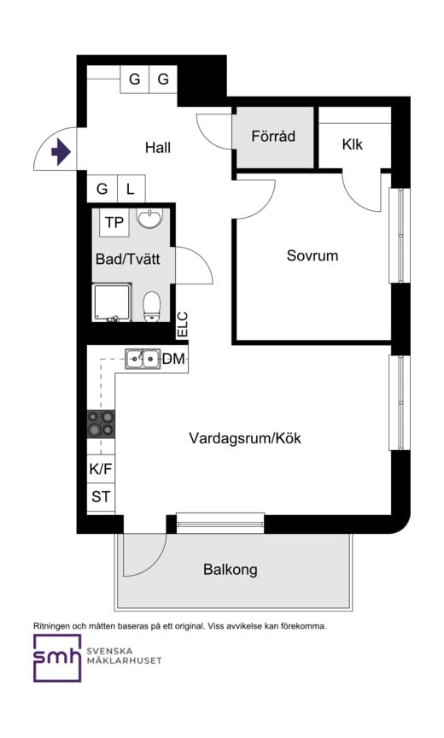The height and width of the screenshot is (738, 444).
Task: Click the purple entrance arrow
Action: tap(61, 153)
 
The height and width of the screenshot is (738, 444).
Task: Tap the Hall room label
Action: tap(157, 148)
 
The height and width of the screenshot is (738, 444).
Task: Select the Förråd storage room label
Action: tap(273, 136)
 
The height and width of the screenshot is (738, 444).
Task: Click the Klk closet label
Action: tap(352, 144)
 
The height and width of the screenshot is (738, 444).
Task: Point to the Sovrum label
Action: tap(312, 255)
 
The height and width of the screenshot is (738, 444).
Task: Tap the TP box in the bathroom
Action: tap(114, 223)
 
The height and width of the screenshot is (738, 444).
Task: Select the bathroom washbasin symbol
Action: tap(149, 220)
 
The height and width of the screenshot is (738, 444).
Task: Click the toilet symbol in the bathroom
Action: tap(152, 305)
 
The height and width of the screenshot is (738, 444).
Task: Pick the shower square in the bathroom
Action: tap(114, 303)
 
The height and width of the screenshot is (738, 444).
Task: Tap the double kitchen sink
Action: tap(143, 360)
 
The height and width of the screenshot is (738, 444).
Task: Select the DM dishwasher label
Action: tap(174, 360)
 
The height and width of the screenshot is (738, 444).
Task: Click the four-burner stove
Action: tap(101, 423)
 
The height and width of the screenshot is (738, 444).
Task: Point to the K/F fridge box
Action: tap(101, 469)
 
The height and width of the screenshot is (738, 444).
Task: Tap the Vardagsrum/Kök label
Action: tap(245, 438)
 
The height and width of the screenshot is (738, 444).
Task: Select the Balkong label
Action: tap(230, 570)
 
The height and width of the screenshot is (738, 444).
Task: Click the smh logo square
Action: tap(57, 658)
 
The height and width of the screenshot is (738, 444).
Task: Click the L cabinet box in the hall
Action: tap(130, 189)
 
